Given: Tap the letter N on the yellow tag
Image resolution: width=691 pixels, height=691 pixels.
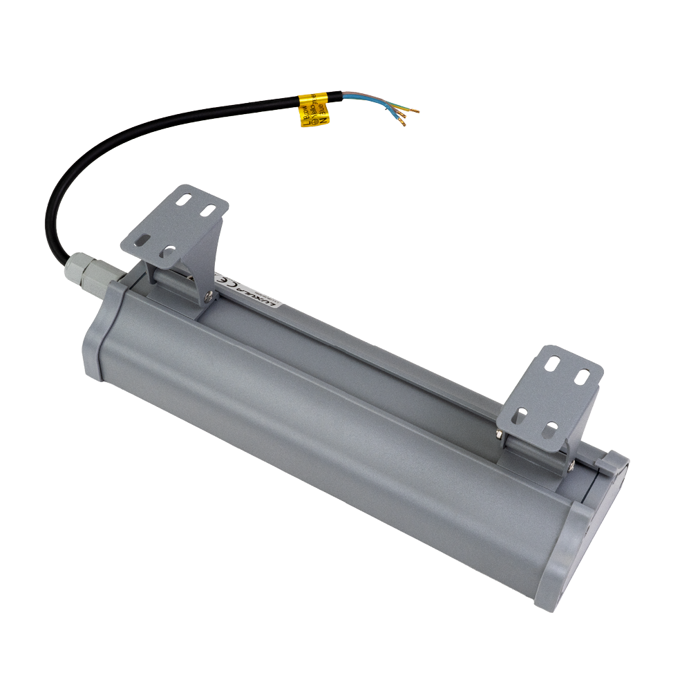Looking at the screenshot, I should click(x=323, y=119).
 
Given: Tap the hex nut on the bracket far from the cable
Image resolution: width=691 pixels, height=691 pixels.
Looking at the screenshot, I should click(x=499, y=433).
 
